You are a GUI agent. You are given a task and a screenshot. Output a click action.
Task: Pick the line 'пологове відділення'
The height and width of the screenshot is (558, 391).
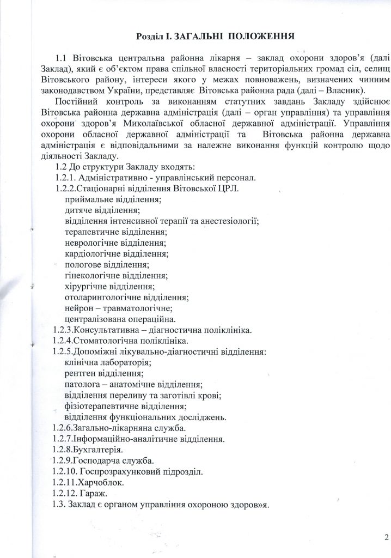[x=106, y=264]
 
